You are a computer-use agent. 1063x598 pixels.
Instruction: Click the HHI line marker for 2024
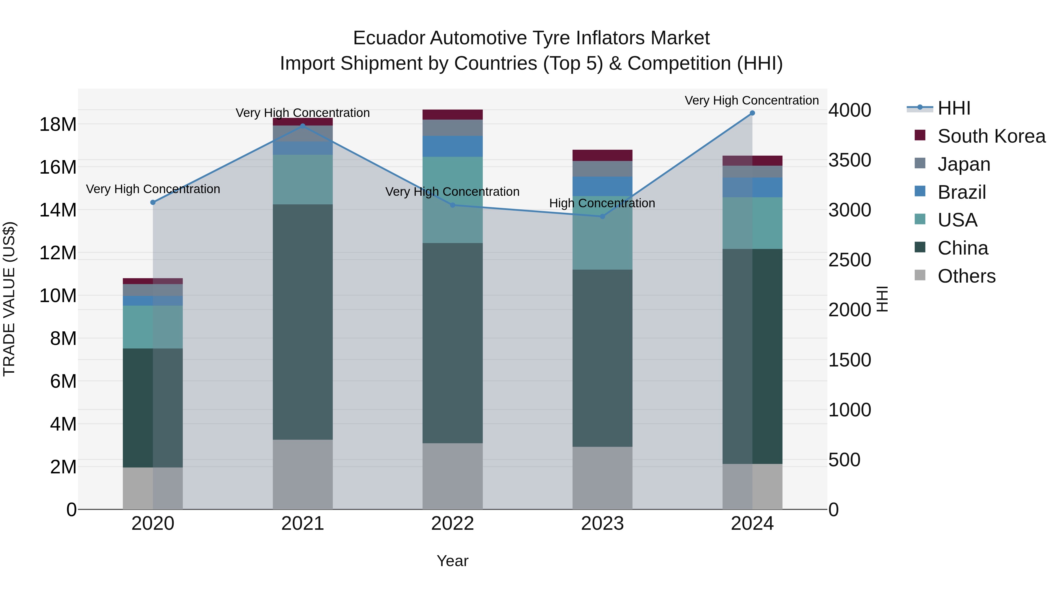752,113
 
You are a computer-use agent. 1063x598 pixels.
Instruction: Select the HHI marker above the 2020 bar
153,202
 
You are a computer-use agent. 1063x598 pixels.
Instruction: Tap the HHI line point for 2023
602,216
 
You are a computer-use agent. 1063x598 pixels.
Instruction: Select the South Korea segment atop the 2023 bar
602,155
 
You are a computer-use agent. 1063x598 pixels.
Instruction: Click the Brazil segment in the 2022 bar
452,146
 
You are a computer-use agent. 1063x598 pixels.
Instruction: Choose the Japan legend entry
963,164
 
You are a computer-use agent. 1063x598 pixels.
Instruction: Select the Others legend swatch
920,275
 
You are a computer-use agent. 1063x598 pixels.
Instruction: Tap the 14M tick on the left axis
58,210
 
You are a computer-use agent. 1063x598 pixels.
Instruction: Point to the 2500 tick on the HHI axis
850,260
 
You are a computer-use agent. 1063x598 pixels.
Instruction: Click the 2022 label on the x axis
452,524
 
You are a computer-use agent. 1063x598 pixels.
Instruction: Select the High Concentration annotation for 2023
602,203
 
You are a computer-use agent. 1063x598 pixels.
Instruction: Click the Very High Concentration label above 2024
751,100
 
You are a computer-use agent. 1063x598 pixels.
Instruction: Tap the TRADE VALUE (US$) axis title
9,299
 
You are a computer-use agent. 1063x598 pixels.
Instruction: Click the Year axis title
452,561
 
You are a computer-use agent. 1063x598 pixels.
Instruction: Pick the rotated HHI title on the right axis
881,299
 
